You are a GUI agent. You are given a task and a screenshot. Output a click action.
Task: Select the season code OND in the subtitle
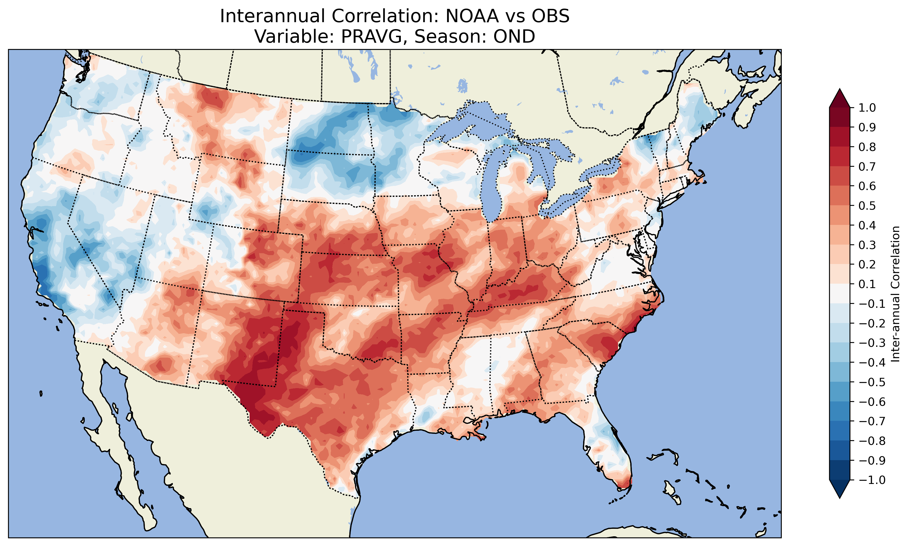pos(514,36)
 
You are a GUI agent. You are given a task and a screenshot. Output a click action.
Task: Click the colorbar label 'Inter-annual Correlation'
pos(895,294)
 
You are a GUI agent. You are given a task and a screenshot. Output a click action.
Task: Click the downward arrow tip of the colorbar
pos(839,498)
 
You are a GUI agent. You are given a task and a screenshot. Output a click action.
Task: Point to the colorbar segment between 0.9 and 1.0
pos(839,118)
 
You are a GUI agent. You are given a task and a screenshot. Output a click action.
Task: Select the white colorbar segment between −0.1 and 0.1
pos(839,294)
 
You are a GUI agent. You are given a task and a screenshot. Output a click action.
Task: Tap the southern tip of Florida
pos(624,486)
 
